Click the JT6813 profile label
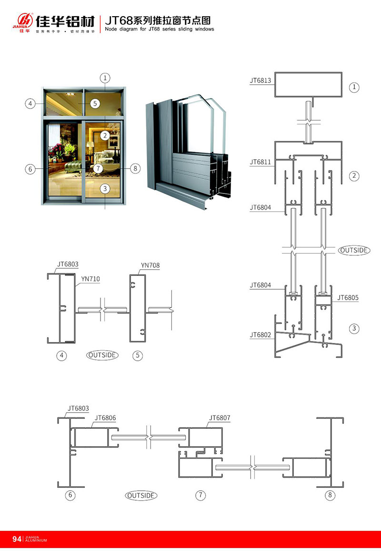tap(260, 81)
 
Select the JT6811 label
tap(260, 162)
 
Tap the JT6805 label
tap(348, 298)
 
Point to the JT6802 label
tap(260, 335)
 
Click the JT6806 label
tap(105, 418)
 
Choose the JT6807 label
tap(220, 418)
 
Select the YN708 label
tap(150, 265)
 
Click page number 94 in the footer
tap(17, 539)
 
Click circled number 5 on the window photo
tap(94, 103)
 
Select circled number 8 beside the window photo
tap(135, 168)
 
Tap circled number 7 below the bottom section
tap(201, 495)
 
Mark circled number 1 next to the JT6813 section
tap(354, 87)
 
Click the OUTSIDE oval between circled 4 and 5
tap(102, 354)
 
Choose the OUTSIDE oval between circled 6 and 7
tap(141, 495)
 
